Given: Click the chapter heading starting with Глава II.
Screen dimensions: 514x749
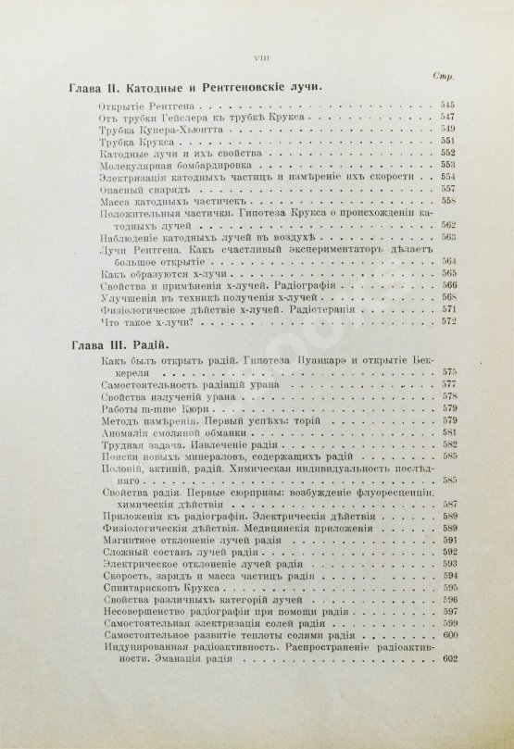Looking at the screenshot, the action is [194, 92].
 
